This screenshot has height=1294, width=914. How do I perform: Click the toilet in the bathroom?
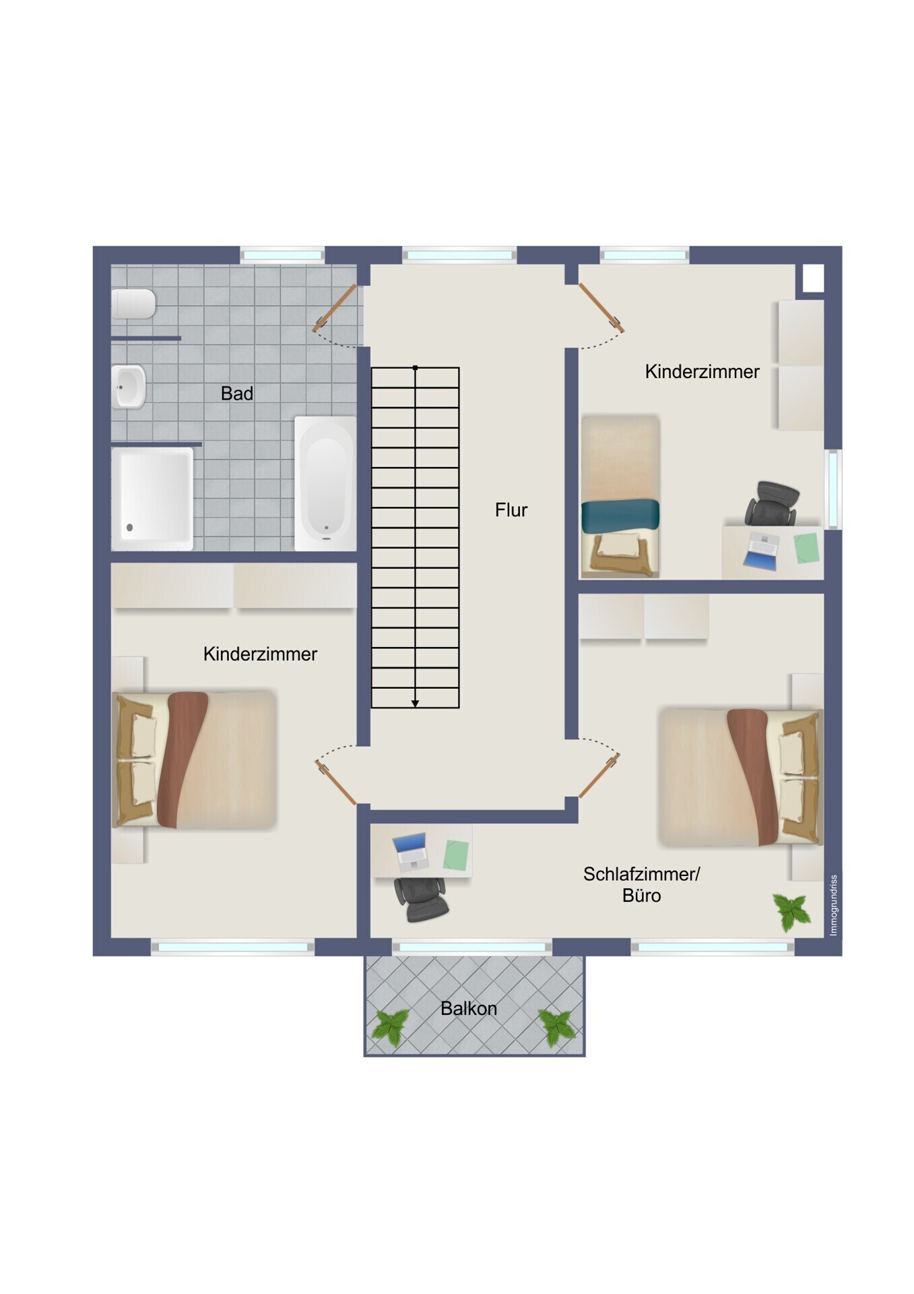click(x=133, y=304)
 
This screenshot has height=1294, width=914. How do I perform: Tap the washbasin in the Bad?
click(x=128, y=387)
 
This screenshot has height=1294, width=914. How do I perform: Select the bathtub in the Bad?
click(x=325, y=483)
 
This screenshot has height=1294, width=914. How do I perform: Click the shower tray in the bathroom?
click(x=152, y=499)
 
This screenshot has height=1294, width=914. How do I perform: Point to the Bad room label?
click(x=237, y=394)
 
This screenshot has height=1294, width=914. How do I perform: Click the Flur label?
click(x=511, y=510)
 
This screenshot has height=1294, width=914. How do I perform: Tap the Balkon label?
click(x=469, y=1008)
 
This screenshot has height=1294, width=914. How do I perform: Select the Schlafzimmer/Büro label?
click(x=641, y=884)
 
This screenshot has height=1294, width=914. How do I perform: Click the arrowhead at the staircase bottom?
click(x=416, y=704)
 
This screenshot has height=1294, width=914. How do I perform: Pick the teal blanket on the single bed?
click(x=620, y=516)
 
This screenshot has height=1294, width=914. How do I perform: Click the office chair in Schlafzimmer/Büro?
click(x=420, y=899)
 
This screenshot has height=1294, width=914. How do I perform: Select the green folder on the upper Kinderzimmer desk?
click(x=806, y=548)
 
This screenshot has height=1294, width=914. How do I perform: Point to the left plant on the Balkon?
click(x=391, y=1027)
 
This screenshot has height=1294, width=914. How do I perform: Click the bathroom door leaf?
click(x=335, y=308)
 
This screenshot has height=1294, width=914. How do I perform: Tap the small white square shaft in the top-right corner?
click(x=813, y=278)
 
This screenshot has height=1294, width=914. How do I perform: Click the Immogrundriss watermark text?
click(x=833, y=905)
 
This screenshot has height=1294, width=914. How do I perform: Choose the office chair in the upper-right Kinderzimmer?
click(x=772, y=503)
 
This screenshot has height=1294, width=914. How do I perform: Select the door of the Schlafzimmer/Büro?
click(x=599, y=776)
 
